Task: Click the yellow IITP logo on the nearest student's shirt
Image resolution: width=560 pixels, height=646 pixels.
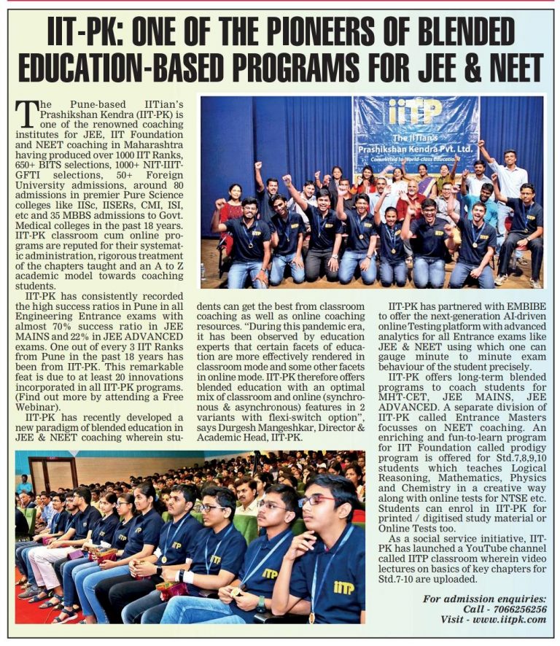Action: pyautogui.click(x=343, y=588)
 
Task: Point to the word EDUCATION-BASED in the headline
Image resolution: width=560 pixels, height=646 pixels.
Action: pyautogui.click(x=139, y=68)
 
